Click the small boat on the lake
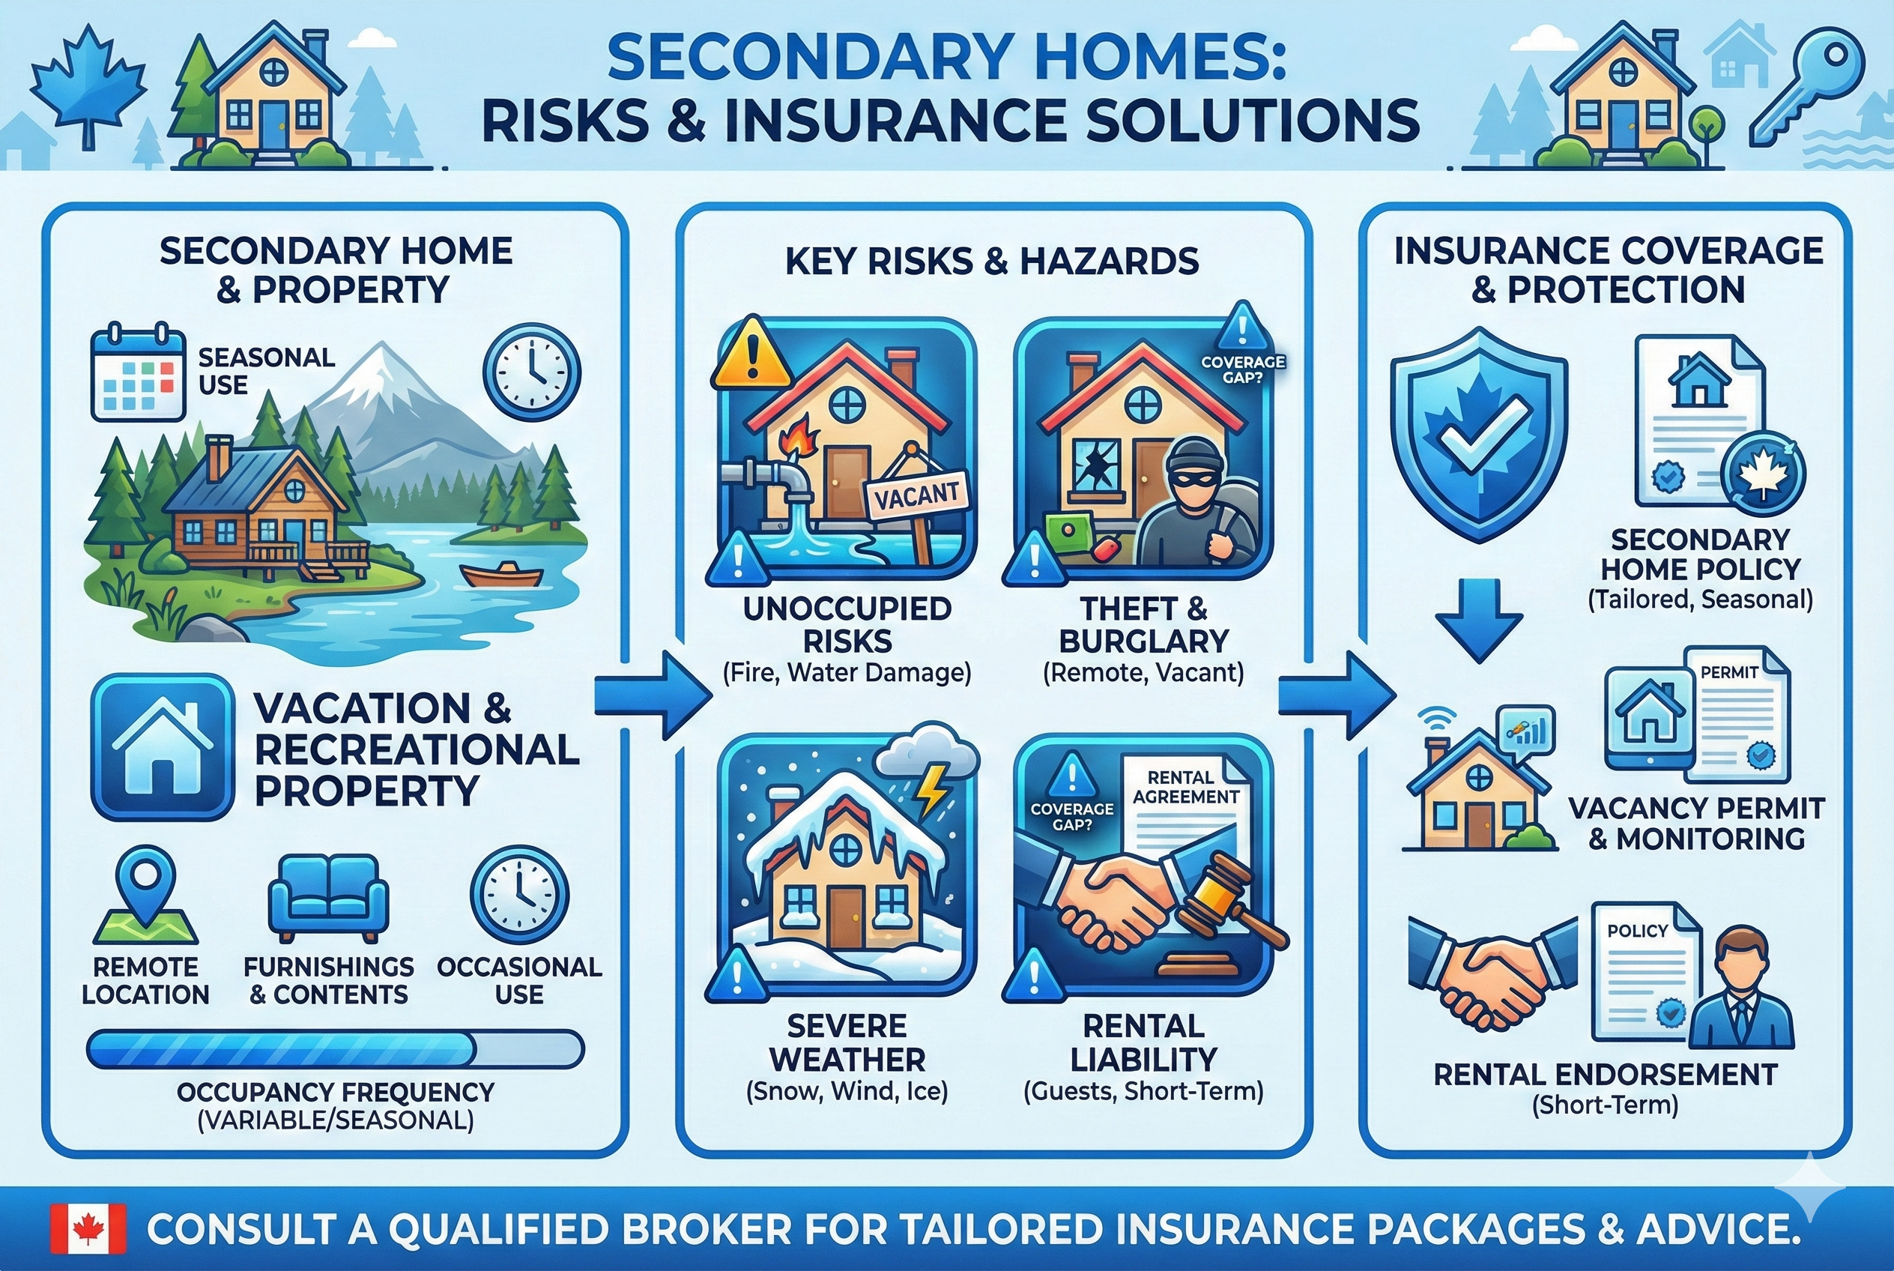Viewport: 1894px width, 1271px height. (501, 575)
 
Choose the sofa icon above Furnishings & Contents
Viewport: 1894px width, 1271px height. (328, 898)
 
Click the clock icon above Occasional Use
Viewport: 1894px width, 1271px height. (518, 894)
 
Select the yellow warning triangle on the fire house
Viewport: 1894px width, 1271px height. (751, 355)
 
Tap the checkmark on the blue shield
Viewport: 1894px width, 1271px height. (1479, 438)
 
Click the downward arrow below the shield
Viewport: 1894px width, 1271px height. (1479, 620)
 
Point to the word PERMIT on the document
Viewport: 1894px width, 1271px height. (1728, 672)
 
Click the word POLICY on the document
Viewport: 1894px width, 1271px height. (1637, 931)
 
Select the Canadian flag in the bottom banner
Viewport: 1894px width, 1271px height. (88, 1229)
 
